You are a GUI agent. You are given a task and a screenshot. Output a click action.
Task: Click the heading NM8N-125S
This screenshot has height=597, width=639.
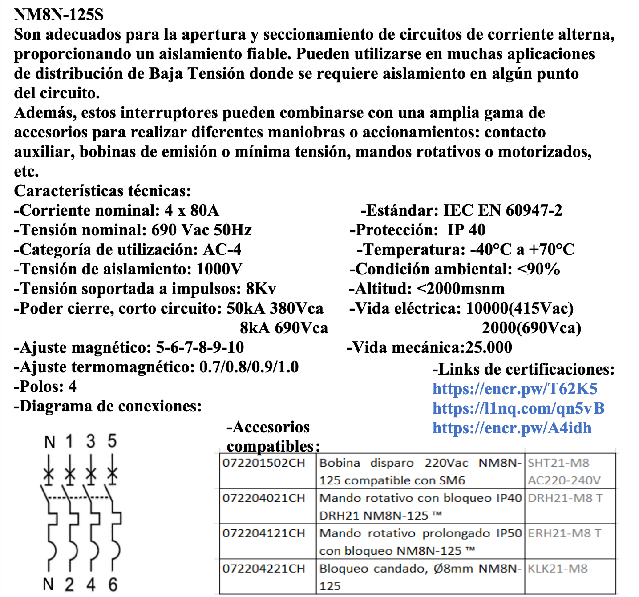tap(59, 15)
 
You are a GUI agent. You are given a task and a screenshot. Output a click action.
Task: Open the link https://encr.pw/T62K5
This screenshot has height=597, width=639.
tap(515, 389)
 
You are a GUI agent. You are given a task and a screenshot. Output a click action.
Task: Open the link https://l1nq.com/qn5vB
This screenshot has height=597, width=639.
tap(518, 408)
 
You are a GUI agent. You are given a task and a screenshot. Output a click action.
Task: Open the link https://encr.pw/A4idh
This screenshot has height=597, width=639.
tap(512, 428)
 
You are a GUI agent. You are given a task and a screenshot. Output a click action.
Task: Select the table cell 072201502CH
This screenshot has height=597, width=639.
tap(264, 463)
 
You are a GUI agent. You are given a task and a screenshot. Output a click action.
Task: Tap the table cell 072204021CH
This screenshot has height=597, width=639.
tap(264, 498)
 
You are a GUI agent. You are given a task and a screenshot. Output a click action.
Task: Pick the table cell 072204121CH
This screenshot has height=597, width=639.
tap(264, 533)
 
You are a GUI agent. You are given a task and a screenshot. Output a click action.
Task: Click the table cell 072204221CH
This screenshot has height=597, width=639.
tap(264, 569)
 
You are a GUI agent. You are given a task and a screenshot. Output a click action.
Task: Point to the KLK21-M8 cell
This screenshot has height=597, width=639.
tap(558, 569)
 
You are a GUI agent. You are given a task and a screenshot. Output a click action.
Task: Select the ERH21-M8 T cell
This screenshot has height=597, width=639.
tap(564, 533)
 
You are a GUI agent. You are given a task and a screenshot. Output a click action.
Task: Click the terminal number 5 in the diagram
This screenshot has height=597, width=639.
tap(112, 441)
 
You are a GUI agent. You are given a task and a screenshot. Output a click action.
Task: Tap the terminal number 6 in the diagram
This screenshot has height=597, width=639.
tap(113, 584)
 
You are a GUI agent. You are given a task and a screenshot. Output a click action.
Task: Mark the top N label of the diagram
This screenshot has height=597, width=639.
tap(49, 442)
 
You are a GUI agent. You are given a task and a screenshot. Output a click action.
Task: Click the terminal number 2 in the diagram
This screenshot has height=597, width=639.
tap(69, 584)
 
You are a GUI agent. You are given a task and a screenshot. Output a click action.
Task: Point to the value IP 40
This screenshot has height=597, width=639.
tap(466, 230)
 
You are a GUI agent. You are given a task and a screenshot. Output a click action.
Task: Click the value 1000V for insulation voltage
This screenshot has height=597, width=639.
tap(219, 269)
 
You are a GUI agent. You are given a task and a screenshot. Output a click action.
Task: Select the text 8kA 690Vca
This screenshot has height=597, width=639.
tap(284, 328)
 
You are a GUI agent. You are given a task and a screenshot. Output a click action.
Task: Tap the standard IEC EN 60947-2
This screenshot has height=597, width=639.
tap(503, 210)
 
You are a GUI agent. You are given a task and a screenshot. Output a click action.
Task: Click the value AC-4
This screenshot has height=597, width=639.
tap(222, 250)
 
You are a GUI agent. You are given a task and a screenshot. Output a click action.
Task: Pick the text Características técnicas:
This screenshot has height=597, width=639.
tap(102, 191)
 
